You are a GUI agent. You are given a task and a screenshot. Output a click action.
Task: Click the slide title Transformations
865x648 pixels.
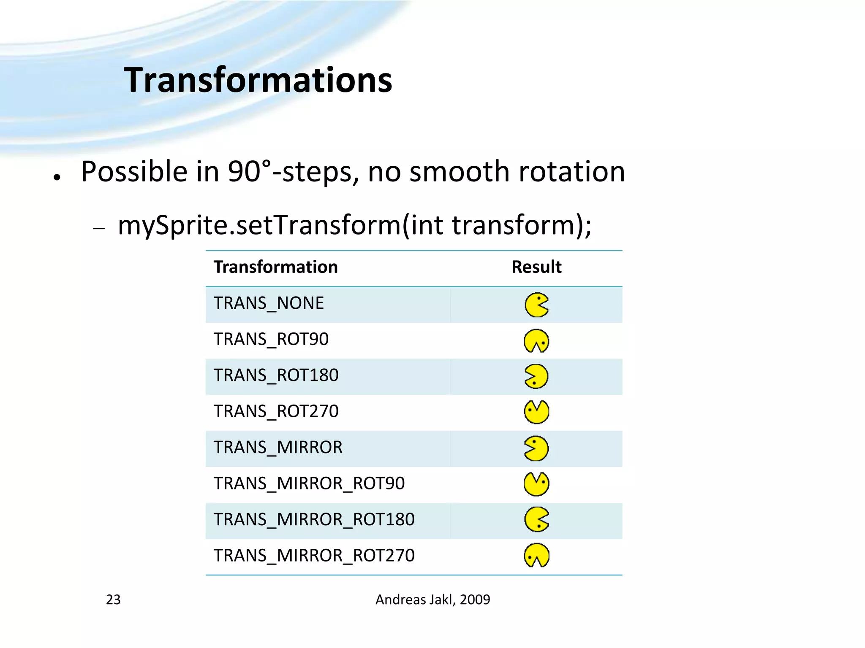tap(258, 80)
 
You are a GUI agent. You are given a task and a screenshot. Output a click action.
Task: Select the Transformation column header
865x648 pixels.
tap(275, 267)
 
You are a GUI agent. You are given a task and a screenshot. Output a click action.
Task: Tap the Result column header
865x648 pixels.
tap(536, 267)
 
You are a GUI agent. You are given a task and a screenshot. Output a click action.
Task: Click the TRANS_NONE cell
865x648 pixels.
tap(269, 303)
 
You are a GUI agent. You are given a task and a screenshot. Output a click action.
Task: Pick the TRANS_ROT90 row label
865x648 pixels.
tap(271, 339)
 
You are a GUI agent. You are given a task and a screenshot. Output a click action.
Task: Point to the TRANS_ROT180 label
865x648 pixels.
tap(276, 375)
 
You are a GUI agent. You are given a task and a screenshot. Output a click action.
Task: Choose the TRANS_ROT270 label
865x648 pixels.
tap(276, 411)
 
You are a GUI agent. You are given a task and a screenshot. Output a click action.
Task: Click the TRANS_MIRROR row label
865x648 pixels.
tap(278, 447)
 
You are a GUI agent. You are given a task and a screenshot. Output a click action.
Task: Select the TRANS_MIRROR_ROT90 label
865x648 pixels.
tap(309, 483)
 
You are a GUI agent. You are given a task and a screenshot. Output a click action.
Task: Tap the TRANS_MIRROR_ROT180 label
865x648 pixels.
tap(314, 519)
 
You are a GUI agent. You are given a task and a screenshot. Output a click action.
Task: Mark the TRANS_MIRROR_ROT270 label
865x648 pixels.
tap(314, 556)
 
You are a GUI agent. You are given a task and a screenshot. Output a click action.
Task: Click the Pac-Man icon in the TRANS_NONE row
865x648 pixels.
tap(536, 305)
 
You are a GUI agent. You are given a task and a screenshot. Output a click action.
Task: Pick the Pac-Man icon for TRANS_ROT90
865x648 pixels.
tap(536, 341)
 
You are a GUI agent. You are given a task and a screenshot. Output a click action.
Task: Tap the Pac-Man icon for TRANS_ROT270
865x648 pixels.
tap(536, 412)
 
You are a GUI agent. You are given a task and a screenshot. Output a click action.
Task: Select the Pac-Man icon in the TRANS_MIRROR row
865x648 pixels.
tap(536, 448)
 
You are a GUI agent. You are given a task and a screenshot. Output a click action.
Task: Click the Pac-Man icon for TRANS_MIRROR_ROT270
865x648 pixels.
tap(536, 555)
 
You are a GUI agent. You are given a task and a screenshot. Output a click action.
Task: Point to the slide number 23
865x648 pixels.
tap(113, 599)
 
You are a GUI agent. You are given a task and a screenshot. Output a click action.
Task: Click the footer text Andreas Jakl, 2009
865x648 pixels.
tap(432, 599)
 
